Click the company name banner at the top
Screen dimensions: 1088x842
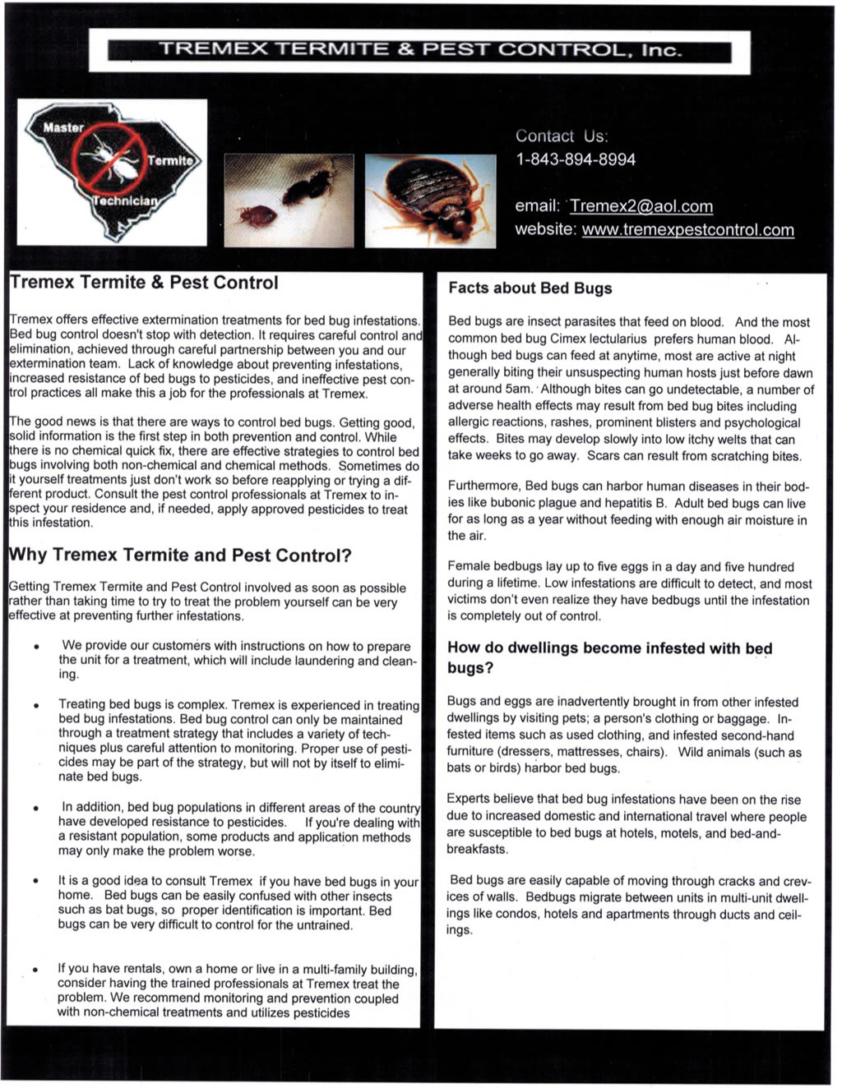(419, 51)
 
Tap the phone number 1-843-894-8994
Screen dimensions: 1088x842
(576, 159)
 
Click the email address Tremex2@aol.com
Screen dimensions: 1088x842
(641, 206)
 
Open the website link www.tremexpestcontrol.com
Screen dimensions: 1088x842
(687, 229)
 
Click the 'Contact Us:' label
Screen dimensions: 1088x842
(562, 136)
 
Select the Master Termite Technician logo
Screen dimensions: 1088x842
(113, 170)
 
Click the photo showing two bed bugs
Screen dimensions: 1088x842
(289, 200)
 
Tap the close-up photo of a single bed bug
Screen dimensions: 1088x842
(430, 200)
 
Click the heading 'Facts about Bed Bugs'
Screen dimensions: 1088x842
(530, 288)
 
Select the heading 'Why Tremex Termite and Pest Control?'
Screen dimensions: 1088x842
(180, 556)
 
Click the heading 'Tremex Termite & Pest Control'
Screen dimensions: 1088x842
(144, 283)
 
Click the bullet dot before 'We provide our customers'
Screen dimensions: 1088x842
(37, 648)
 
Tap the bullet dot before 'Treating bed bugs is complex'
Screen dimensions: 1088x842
(37, 706)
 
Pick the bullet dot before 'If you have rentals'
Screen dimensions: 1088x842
(37, 970)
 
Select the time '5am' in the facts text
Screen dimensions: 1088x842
(517, 390)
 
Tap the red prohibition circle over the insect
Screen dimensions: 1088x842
(108, 159)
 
